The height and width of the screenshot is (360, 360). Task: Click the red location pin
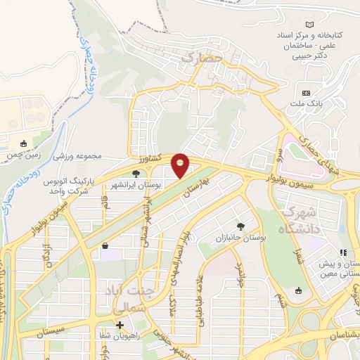[181, 166]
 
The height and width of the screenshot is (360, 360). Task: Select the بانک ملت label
[307, 105]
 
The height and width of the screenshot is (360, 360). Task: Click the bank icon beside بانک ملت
[306, 93]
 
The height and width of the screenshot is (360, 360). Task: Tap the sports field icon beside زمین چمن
[24, 144]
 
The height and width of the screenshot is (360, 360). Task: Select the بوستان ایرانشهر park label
[135, 184]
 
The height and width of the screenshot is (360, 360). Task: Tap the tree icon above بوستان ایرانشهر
[136, 173]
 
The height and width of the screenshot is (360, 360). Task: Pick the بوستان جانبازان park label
[241, 238]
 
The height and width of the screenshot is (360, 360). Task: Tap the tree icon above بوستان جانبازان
[241, 226]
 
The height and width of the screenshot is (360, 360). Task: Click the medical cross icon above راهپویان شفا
[120, 326]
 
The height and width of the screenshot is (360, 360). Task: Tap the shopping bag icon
[105, 246]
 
